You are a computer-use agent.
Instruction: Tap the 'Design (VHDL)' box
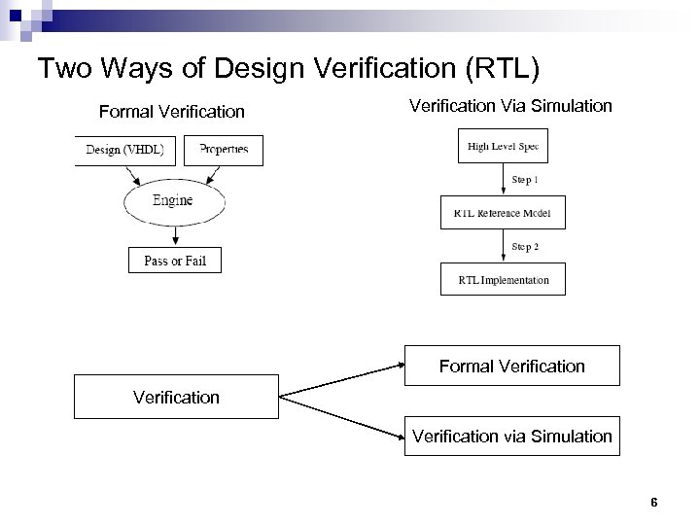tap(124, 150)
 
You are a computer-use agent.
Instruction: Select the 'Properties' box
tap(225, 150)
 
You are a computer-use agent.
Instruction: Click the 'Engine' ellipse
tap(173, 201)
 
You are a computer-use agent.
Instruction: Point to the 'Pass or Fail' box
tap(175, 261)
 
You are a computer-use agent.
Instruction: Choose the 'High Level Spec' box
tap(503, 147)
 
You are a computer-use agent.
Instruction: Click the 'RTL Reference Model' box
tap(502, 213)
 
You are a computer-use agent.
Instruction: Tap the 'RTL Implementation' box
tap(503, 280)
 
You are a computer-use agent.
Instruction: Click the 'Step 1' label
tap(525, 180)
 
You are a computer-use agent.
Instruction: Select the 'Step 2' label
tap(525, 247)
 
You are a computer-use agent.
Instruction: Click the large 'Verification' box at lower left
tap(176, 397)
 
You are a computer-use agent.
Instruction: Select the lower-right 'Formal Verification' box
tap(511, 367)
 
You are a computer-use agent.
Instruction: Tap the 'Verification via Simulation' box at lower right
tap(511, 437)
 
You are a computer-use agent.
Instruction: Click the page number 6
tap(654, 503)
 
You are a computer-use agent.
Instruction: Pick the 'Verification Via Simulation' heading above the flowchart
tap(510, 105)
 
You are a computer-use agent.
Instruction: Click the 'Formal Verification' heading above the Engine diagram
tap(172, 112)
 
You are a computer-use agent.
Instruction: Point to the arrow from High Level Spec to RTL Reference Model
tap(503, 181)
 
